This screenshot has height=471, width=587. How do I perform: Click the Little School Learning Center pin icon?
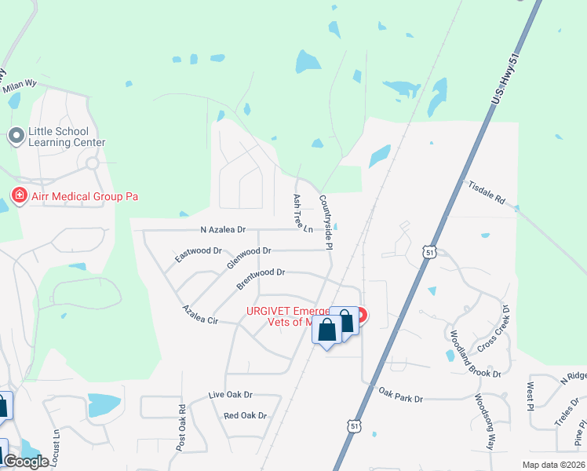(16, 137)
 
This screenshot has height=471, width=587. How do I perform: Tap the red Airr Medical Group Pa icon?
(17, 195)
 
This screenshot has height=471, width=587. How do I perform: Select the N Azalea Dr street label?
(223, 230)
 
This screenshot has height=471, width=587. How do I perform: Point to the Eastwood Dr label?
(199, 253)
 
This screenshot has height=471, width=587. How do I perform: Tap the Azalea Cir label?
(199, 314)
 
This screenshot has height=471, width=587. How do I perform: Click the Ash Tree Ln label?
(302, 214)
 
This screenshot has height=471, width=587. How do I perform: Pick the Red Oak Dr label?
(245, 415)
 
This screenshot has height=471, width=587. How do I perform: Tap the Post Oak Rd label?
(181, 427)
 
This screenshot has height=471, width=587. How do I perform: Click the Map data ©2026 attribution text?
(554, 466)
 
